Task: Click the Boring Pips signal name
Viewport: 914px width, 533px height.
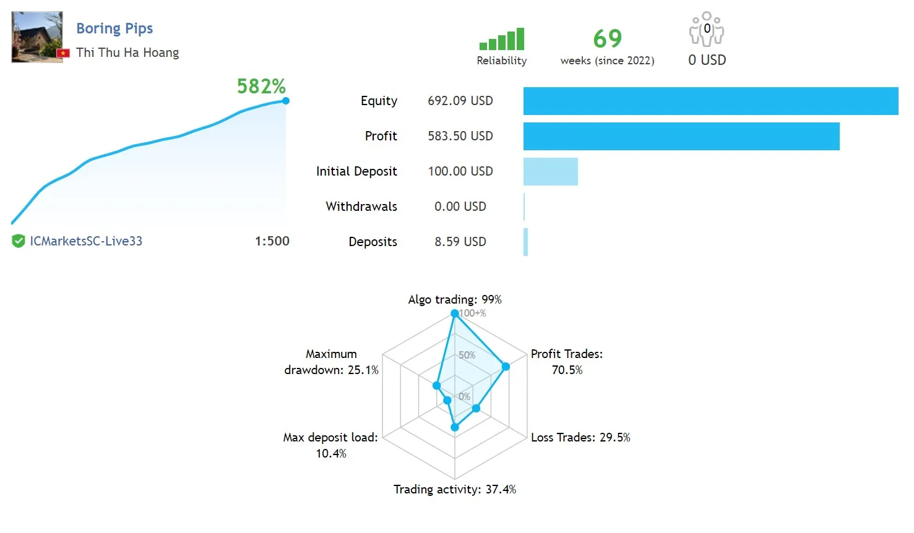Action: [x=114, y=28]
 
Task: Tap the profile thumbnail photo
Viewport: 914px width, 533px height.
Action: [x=37, y=36]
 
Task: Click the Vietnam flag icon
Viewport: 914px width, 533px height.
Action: [x=63, y=53]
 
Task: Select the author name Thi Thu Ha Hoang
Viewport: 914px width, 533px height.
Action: [x=127, y=53]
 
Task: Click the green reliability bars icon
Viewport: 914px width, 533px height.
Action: [x=502, y=40]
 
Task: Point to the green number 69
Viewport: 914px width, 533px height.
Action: [x=607, y=39]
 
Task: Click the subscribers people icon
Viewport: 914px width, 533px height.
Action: [x=707, y=29]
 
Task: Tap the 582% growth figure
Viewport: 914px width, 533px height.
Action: [x=261, y=86]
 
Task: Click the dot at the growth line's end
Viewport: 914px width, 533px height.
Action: [x=285, y=101]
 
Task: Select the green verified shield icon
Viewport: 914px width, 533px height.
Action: [x=19, y=241]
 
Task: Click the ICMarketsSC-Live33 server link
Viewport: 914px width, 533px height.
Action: [x=86, y=241]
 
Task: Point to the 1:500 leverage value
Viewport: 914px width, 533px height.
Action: [x=272, y=241]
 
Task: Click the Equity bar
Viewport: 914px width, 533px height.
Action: [x=710, y=101]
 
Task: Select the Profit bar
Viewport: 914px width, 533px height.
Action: [x=681, y=136]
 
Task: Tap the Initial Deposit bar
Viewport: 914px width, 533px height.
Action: [x=550, y=171]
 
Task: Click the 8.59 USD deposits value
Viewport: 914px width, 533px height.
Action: [x=460, y=242]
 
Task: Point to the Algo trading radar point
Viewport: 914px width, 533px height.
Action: [x=455, y=313]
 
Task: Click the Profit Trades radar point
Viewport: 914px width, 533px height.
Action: [x=506, y=367]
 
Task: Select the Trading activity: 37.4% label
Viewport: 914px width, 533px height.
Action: [x=455, y=489]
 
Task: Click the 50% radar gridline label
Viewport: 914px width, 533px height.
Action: [x=467, y=355]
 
